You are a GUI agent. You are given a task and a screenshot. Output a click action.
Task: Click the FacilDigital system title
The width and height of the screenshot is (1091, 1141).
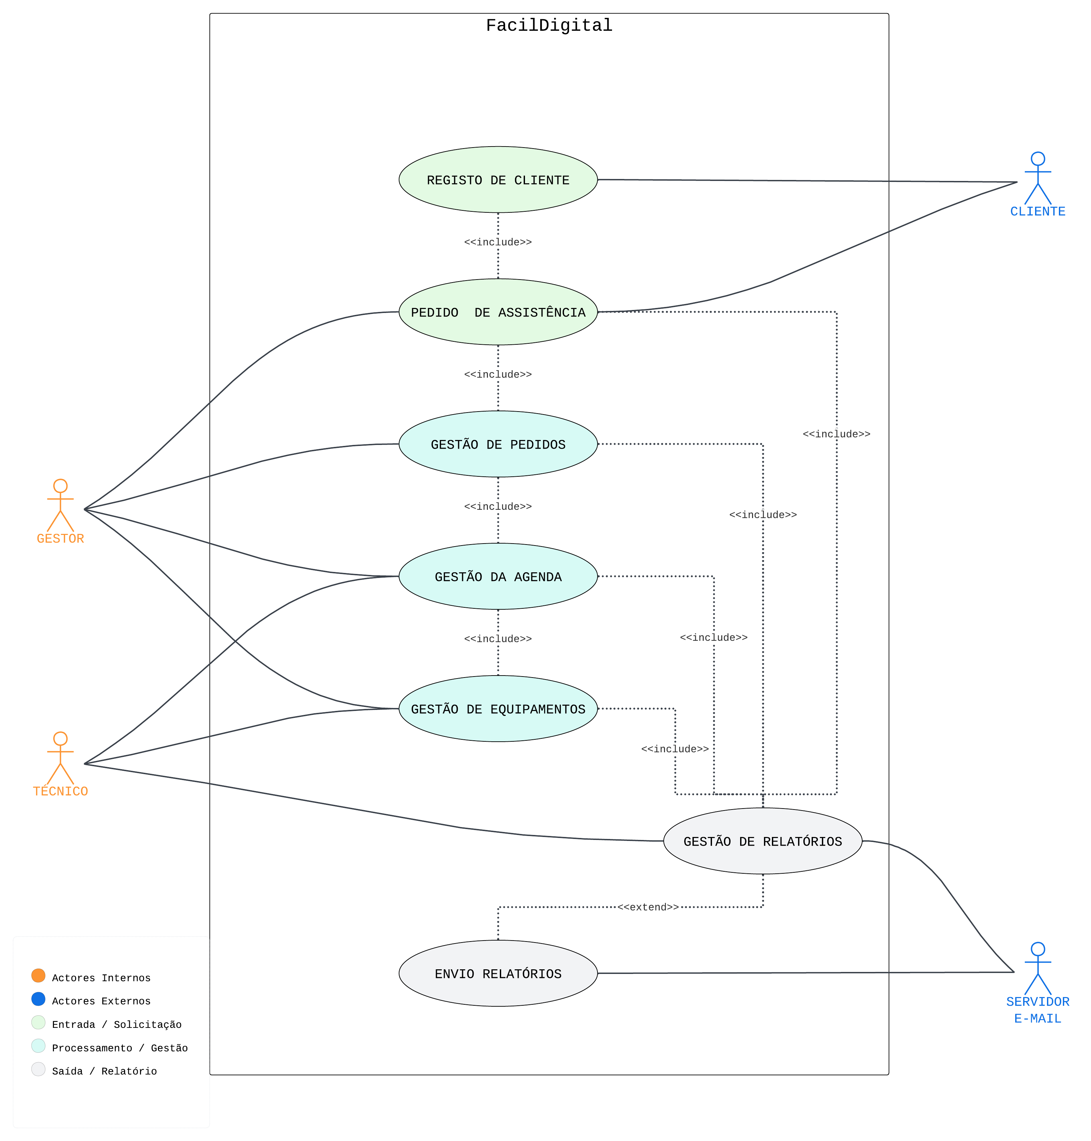[x=549, y=25]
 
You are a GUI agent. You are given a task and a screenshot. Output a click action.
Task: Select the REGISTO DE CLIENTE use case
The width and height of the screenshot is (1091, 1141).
[x=498, y=180]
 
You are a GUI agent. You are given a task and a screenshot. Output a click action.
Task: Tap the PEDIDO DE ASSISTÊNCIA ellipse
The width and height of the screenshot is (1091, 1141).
[x=498, y=312]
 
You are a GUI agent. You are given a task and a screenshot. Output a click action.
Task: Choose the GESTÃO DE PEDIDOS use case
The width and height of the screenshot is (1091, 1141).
[x=498, y=444]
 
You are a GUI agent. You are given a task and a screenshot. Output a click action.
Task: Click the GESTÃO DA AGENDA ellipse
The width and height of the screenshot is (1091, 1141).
[x=498, y=577]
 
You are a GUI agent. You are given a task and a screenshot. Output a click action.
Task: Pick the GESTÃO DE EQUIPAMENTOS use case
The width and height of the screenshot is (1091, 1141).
[x=498, y=709]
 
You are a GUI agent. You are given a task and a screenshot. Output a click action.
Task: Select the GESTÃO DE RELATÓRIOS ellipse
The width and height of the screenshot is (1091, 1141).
[x=762, y=841]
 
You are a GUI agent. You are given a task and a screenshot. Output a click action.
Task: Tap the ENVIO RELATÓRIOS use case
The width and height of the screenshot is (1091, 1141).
[x=498, y=974]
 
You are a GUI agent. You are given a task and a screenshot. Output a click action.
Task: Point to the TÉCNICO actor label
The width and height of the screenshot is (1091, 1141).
[x=61, y=791]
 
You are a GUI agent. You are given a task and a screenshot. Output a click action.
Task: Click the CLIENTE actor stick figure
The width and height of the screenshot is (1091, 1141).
[x=1037, y=178]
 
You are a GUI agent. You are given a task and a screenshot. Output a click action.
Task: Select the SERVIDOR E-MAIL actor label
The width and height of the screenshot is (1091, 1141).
[x=1037, y=1010]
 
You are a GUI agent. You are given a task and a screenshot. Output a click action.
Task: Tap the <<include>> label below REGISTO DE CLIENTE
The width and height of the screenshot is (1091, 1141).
[x=498, y=242]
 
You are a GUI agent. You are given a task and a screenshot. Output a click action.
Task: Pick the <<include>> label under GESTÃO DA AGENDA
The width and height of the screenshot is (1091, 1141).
[x=498, y=639]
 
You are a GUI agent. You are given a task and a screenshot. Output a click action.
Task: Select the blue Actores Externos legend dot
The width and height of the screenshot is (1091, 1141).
[x=38, y=999]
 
